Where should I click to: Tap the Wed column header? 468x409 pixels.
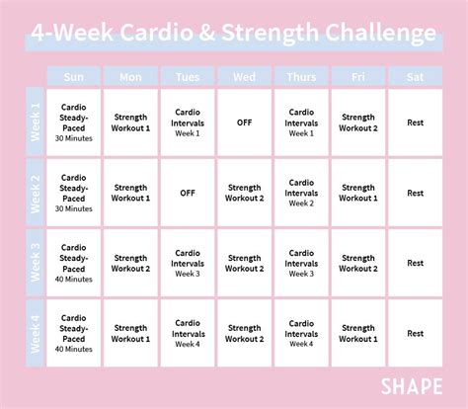coord(244,76)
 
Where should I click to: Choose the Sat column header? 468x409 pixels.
coord(415,76)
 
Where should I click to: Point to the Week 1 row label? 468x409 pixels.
coord(37,123)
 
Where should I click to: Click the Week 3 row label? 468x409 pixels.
coord(37,263)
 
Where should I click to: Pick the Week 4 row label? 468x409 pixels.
coord(37,333)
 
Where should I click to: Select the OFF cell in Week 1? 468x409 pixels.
coord(244,123)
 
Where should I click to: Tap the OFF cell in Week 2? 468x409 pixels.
coord(188,194)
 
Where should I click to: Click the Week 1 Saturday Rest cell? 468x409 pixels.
coord(415,123)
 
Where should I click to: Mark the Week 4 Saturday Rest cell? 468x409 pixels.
coord(415,333)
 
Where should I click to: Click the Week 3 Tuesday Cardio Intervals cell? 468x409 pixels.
coord(188,263)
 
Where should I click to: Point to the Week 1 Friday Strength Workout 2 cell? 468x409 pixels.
coord(357,123)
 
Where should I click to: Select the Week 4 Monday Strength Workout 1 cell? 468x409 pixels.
coord(130,333)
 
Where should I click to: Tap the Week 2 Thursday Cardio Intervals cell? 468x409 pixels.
coord(301,194)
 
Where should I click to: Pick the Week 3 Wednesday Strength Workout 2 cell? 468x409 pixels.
coord(244,263)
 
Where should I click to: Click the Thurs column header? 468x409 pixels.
coord(301,76)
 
